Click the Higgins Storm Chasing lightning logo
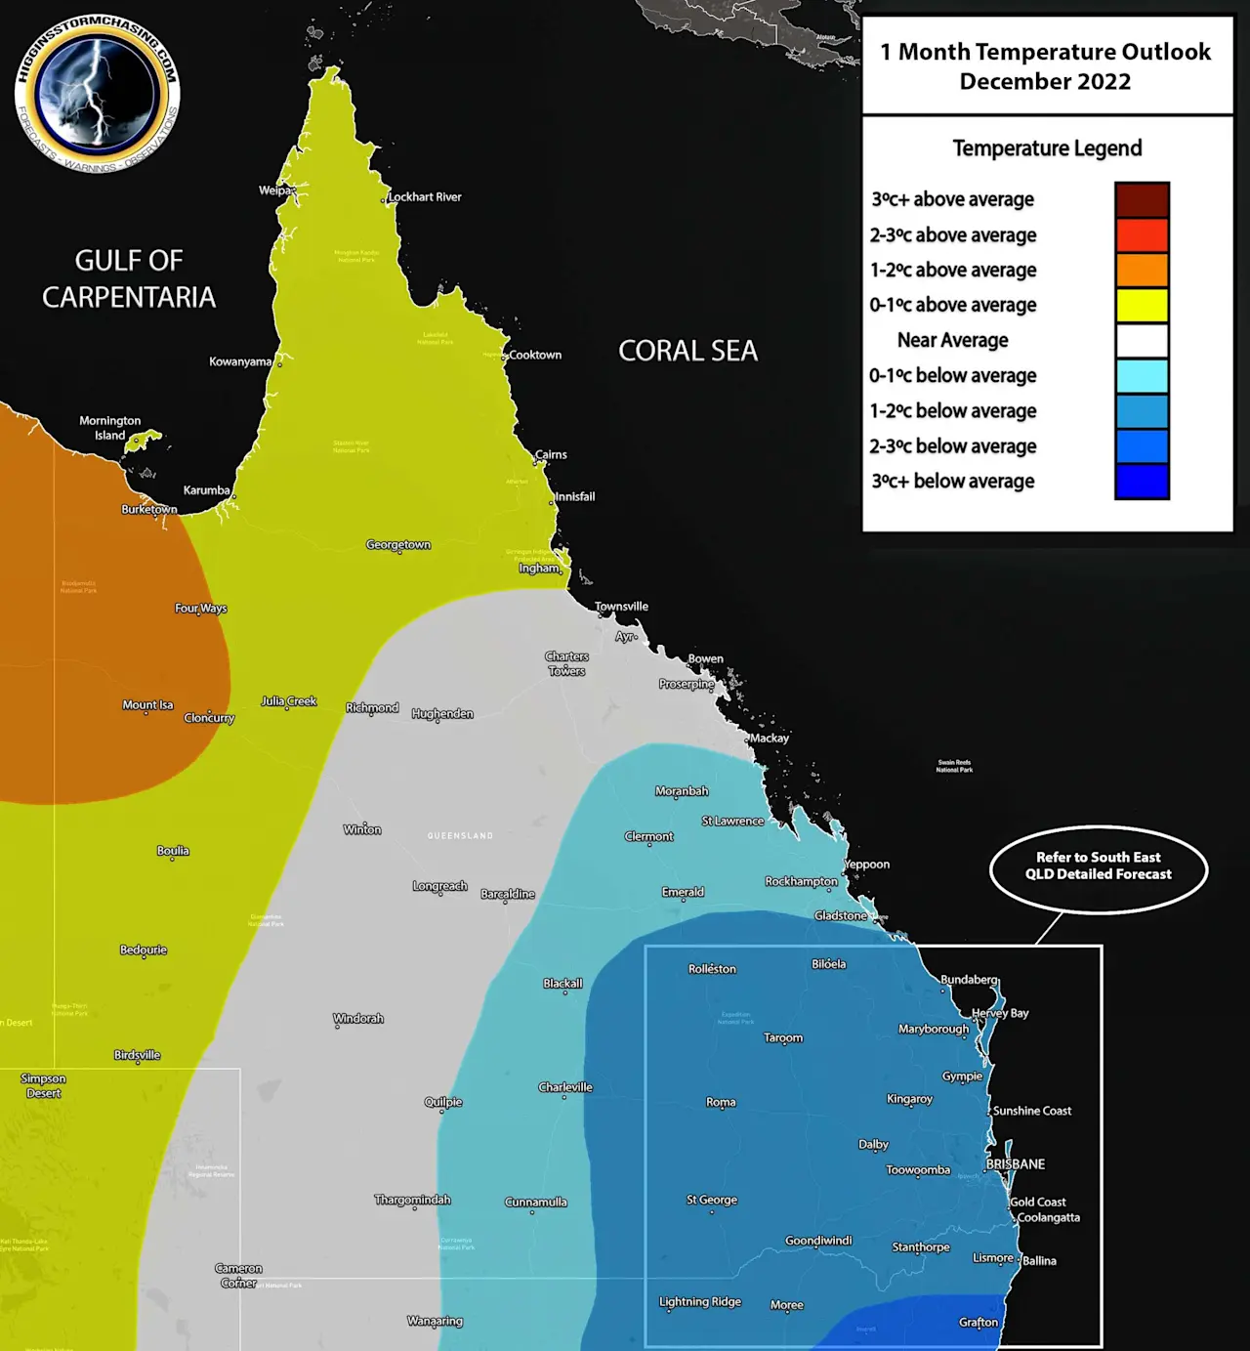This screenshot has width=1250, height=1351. pyautogui.click(x=97, y=94)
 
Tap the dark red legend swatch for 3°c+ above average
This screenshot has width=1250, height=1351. pyautogui.click(x=1142, y=200)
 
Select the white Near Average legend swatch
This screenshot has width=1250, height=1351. pyautogui.click(x=1142, y=341)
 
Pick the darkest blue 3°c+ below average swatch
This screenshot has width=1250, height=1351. pyautogui.click(x=1142, y=482)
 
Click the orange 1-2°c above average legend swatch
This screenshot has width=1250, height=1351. pyautogui.click(x=1142, y=271)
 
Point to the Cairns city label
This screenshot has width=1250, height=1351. pyautogui.click(x=551, y=454)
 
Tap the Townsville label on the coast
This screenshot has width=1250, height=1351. pyautogui.click(x=622, y=607)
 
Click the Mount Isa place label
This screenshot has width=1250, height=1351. pyautogui.click(x=147, y=705)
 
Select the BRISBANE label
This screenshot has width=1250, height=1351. pyautogui.click(x=1016, y=1164)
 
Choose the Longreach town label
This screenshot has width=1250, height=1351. pyautogui.click(x=439, y=886)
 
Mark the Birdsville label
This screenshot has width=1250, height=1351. pyautogui.click(x=137, y=1055)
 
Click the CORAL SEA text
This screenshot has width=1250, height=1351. pyautogui.click(x=687, y=352)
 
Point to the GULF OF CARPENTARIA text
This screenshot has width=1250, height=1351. pyautogui.click(x=129, y=278)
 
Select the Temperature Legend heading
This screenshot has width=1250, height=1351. pyautogui.click(x=1047, y=148)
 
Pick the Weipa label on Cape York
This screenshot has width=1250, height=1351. pyautogui.click(x=274, y=190)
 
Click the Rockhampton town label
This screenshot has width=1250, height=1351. pyautogui.click(x=801, y=881)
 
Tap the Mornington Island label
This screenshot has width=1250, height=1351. pyautogui.click(x=110, y=428)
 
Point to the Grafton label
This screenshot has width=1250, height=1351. pyautogui.click(x=979, y=1323)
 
